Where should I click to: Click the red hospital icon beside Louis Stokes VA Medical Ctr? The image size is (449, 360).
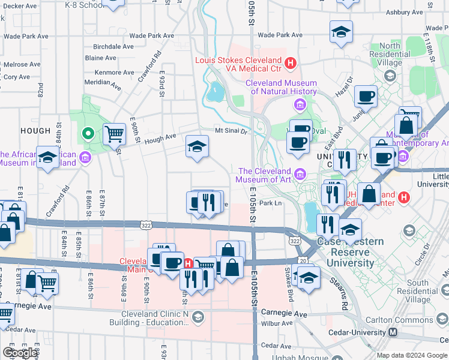coord(291,62)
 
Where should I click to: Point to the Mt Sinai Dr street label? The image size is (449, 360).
coord(232,131)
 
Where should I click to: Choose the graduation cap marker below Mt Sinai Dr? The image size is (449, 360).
coord(197,146)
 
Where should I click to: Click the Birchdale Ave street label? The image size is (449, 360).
coord(113,46)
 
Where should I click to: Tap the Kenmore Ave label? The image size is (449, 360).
coord(114,73)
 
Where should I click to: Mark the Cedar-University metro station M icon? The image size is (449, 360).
coord(393,332)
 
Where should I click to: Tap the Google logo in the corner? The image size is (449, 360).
coord(20,353)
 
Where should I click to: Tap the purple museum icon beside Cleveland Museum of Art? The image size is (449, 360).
coord(300,175)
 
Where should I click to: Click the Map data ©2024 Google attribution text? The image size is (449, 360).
coord(412,355)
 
